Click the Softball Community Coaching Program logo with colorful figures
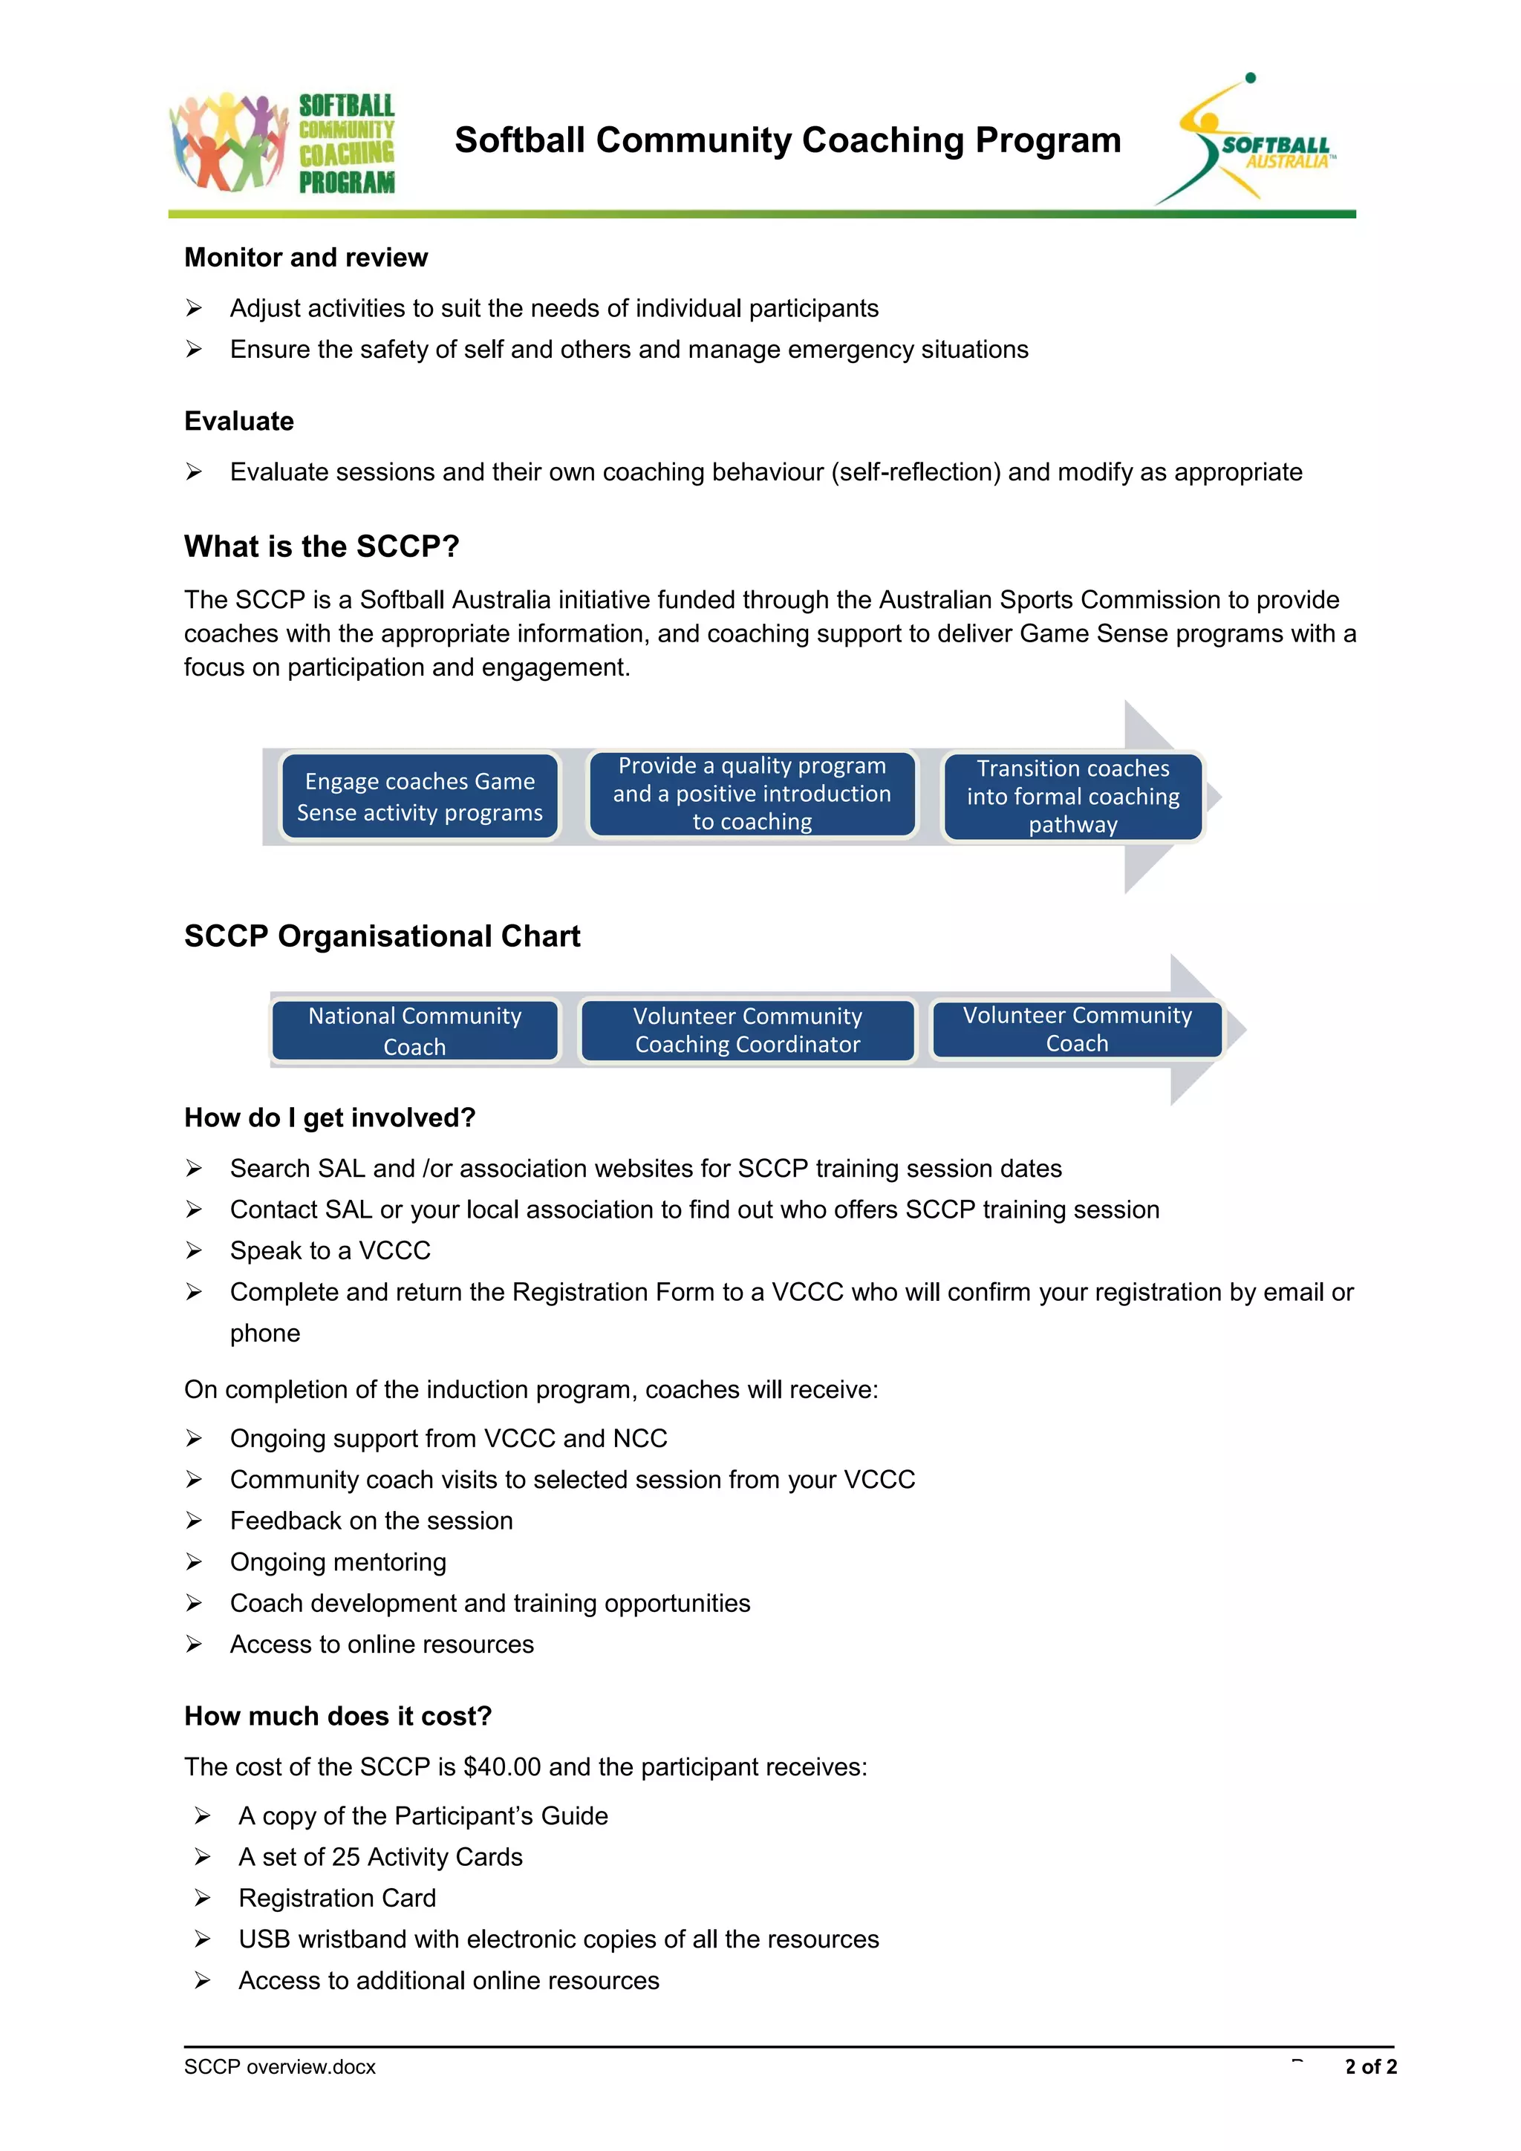click(282, 143)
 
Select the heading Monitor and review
click(305, 258)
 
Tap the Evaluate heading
click(239, 422)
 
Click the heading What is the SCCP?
click(322, 546)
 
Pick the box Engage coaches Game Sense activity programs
click(420, 796)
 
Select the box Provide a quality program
click(752, 794)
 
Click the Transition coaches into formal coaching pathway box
click(1072, 796)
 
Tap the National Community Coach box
click(415, 1031)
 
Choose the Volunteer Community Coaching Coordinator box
click(747, 1031)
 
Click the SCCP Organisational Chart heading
click(382, 936)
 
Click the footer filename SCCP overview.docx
click(279, 2066)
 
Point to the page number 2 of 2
click(1370, 2066)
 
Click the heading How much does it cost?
click(337, 1717)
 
